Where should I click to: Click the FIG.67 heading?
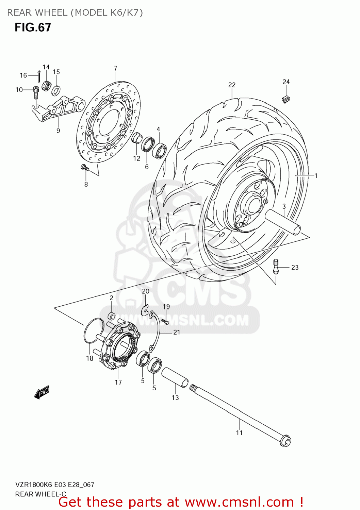coord(33,28)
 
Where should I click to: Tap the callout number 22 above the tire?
coord(232,85)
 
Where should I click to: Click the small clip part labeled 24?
coord(286,99)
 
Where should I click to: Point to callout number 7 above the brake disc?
coord(115,68)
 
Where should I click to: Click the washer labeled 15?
coord(56,90)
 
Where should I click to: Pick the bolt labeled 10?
coord(36,92)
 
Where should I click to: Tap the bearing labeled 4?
coord(159,150)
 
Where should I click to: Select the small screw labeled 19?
coord(165,321)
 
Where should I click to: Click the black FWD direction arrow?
coord(42,392)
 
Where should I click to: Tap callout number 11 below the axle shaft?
coord(239,432)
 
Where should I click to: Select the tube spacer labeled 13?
coord(175,377)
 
